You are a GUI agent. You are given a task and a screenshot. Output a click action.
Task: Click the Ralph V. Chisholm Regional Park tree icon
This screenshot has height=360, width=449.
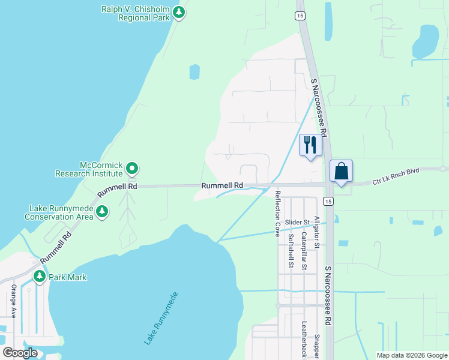click(x=178, y=12)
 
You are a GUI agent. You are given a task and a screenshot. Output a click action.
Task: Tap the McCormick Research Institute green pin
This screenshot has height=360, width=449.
click(x=133, y=169)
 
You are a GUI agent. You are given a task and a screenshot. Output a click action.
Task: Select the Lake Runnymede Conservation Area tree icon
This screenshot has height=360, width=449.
click(x=103, y=211)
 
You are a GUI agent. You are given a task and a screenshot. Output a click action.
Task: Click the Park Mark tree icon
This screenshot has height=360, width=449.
click(x=40, y=277)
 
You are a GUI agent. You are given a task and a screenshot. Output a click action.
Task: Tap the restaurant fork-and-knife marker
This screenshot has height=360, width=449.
click(x=310, y=145)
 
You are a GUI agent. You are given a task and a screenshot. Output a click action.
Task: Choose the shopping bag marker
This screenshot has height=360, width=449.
click(x=341, y=171)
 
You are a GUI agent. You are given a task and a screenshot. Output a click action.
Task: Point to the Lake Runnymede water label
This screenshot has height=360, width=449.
click(x=161, y=318)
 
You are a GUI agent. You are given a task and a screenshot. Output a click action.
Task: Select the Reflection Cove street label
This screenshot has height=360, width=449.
click(x=277, y=214)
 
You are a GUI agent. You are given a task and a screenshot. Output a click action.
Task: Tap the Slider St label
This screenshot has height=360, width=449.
click(x=297, y=222)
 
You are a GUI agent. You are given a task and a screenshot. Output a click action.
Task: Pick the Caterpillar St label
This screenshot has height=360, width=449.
click(x=304, y=251)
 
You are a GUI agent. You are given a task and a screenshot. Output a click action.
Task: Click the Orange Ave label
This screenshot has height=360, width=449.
click(x=13, y=301)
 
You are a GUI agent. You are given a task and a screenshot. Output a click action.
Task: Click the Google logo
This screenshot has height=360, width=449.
click(x=20, y=353)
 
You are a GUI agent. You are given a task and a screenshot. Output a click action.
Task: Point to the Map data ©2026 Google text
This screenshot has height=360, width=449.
click(x=412, y=355)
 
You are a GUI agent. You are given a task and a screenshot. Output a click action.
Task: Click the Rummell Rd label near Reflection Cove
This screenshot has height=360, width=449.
click(x=222, y=186)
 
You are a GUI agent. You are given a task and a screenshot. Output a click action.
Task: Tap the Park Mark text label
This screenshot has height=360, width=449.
click(x=68, y=277)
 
